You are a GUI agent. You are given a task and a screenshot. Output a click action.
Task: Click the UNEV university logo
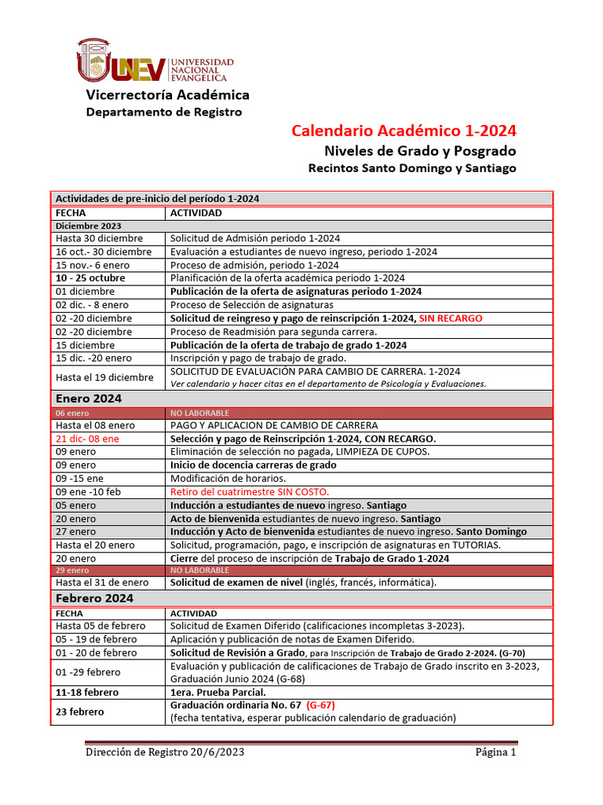(x=155, y=61)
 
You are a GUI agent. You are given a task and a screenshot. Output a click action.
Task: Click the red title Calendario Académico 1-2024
(x=404, y=130)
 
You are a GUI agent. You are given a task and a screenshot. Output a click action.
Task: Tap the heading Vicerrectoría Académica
(x=167, y=95)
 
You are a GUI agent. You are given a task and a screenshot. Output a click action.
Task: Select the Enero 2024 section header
(x=89, y=399)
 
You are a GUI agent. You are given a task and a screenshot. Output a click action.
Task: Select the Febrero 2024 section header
(x=94, y=598)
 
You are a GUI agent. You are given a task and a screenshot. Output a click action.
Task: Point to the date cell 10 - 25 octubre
(x=90, y=278)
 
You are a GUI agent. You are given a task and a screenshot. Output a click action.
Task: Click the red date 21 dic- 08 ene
(x=87, y=439)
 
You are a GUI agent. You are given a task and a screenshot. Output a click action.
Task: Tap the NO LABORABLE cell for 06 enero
(x=199, y=413)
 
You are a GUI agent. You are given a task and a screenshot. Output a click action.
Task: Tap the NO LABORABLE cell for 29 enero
(x=199, y=570)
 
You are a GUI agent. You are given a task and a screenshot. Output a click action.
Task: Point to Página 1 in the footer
(x=495, y=753)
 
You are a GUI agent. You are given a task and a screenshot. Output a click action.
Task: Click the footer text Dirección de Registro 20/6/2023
(x=166, y=753)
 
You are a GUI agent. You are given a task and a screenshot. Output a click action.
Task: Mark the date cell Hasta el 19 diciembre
(x=104, y=377)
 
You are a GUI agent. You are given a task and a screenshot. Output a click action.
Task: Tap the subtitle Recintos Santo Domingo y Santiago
(x=412, y=168)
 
